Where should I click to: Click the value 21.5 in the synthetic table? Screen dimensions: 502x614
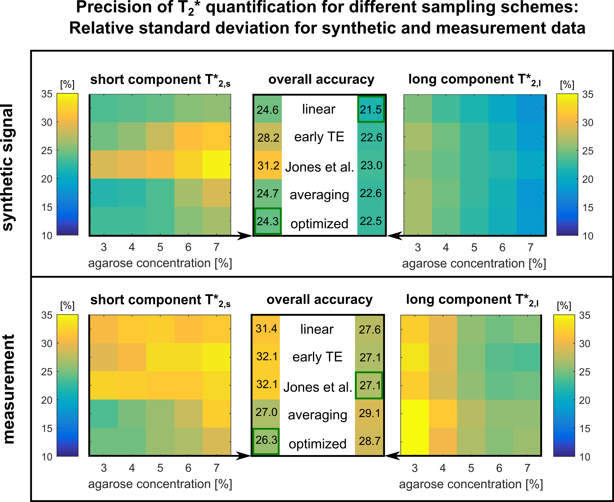tap(371, 110)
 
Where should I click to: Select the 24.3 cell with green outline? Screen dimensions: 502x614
tap(268, 221)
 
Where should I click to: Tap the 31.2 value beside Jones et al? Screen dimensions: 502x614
tap(268, 165)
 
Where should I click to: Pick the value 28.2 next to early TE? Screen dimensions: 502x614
tap(268, 138)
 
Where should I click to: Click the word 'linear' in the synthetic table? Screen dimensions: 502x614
tap(319, 109)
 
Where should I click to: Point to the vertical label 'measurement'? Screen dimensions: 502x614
tap(9, 389)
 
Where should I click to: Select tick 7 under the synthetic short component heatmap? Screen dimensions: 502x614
tap(216, 247)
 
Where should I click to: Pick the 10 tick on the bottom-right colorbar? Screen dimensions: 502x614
tap(584, 457)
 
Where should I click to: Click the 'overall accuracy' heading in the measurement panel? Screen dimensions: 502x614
tap(319, 300)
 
